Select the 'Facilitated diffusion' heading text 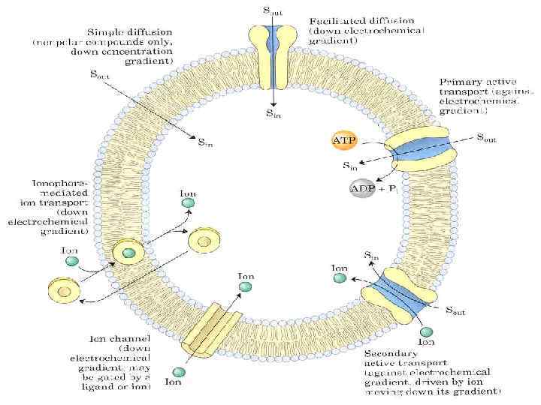coord(366,18)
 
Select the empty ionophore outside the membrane coord(64,290)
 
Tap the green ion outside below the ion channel coord(179,373)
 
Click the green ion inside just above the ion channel coord(246,288)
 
